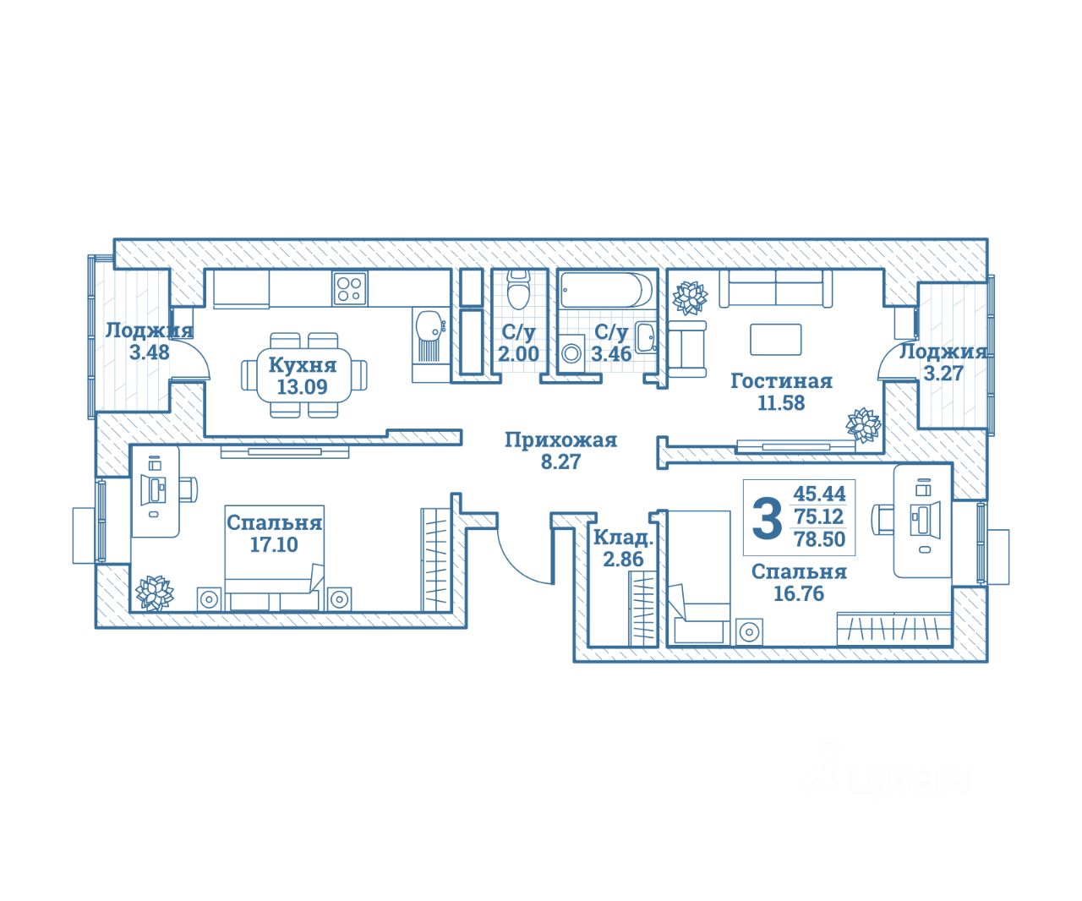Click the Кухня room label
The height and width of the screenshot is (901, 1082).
point(303,365)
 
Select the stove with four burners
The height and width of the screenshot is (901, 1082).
point(349,289)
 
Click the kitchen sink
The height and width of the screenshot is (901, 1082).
point(429,324)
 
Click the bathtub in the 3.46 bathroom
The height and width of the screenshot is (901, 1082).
point(606,290)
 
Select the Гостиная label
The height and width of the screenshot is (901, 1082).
point(781,381)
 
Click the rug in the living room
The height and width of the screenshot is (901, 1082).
point(776,340)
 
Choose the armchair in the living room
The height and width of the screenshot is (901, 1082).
point(686,349)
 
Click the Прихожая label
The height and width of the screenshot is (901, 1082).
point(560,440)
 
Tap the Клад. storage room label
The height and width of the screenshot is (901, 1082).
point(623,538)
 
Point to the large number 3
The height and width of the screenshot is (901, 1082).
point(767,518)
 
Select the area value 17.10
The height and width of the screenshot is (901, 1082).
point(274,545)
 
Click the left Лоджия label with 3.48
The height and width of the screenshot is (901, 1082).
point(149,330)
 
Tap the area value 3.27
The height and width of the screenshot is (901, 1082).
point(943,374)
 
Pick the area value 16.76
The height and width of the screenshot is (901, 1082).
point(799,594)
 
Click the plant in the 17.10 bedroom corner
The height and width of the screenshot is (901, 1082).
point(155,592)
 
